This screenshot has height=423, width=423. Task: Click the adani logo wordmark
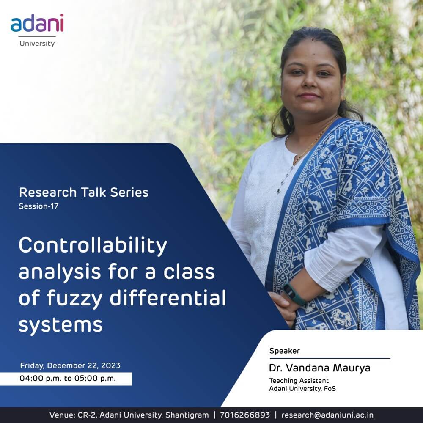[37, 23]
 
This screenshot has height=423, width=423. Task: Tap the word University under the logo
[37, 44]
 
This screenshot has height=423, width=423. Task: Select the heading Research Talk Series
[84, 192]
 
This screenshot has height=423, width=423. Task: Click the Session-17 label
[38, 206]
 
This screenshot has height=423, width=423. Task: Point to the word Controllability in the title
[93, 246]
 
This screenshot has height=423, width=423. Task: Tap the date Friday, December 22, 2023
[70, 365]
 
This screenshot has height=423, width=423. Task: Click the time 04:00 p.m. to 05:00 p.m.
[67, 379]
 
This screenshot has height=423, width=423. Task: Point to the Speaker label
[285, 351]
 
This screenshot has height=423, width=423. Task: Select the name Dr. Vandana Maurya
[320, 368]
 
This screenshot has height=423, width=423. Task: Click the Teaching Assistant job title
[299, 381]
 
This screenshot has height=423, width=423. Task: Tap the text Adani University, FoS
[302, 389]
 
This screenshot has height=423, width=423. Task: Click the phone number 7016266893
[244, 415]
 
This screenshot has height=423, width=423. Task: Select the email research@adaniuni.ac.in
[327, 415]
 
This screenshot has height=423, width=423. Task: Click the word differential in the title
[168, 298]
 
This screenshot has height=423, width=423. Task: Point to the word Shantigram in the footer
[187, 415]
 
